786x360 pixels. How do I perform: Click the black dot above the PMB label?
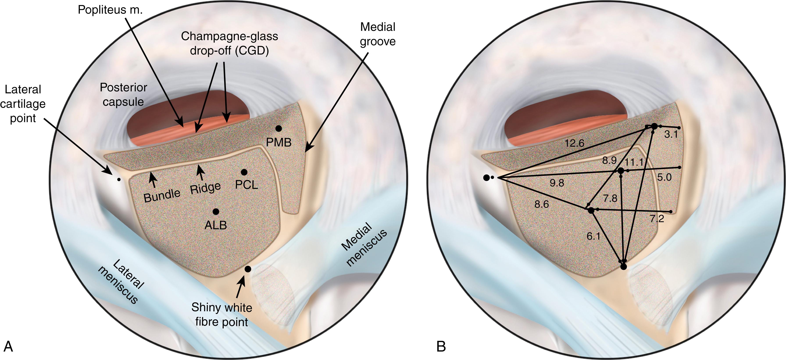click(278, 128)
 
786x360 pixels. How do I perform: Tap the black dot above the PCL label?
click(244, 172)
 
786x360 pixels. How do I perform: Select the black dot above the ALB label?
click(216, 211)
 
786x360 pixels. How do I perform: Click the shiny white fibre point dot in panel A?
click(248, 269)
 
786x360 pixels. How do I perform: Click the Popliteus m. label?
click(110, 10)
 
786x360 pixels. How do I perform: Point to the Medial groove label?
click(377, 34)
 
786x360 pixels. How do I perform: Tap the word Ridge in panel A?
click(205, 188)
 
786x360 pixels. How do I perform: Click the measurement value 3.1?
click(671, 134)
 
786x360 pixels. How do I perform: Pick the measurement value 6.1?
click(593, 236)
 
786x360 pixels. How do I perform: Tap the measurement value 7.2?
click(656, 218)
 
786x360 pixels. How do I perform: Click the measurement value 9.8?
click(557, 183)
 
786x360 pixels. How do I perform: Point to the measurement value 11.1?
click(634, 162)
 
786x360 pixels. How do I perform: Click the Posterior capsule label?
click(123, 94)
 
